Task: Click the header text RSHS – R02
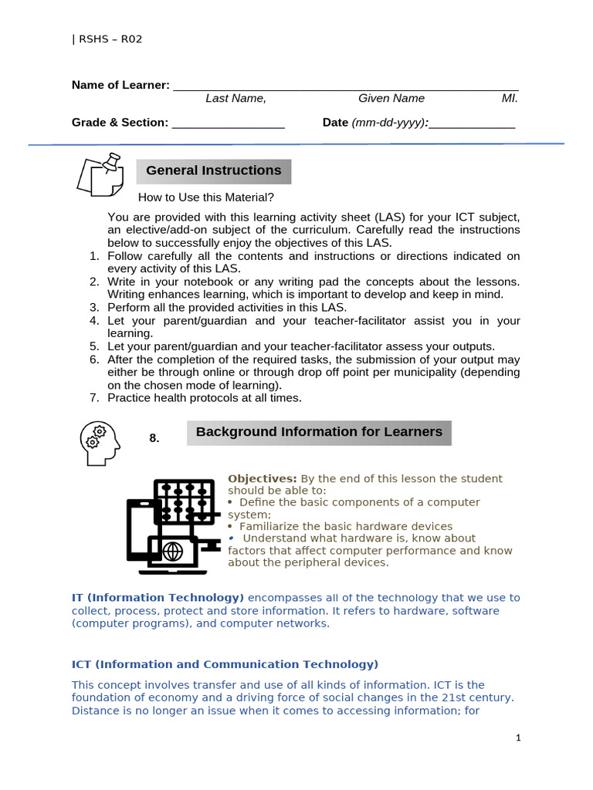coord(107,39)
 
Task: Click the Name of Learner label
coord(120,85)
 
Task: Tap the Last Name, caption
coord(236,98)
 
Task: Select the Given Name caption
coord(391,98)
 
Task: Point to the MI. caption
coord(510,98)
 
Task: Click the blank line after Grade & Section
coord(228,126)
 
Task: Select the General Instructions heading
coord(214,170)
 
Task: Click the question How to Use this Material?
coord(206,197)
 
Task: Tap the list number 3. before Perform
coord(94,307)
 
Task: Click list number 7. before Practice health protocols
coord(94,398)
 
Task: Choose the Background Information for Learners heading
coord(319,432)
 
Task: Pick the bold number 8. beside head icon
coord(154,438)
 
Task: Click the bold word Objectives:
coord(262,479)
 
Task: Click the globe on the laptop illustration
coord(172,552)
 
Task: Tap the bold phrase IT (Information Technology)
coord(158,598)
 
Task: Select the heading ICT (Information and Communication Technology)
coord(225,664)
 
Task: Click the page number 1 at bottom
coord(519,738)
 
